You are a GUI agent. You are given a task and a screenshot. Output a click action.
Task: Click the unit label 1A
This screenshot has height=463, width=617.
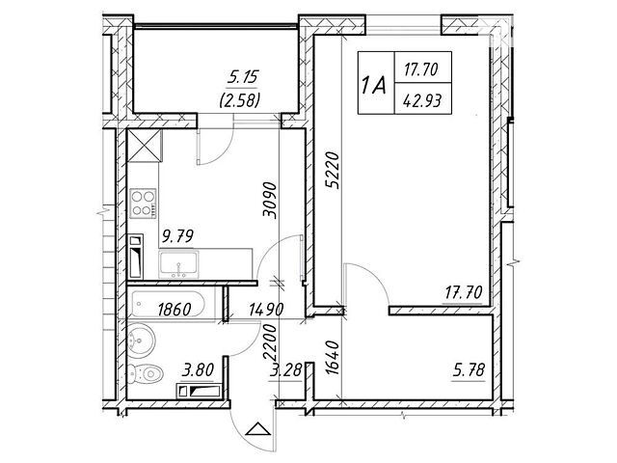coord(373,86)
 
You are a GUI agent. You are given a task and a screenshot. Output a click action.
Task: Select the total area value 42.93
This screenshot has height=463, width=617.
coord(422,100)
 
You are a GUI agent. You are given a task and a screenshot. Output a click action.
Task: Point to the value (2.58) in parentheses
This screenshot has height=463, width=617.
coord(239,100)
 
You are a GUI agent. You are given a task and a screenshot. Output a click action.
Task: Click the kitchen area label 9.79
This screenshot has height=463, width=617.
coord(177,236)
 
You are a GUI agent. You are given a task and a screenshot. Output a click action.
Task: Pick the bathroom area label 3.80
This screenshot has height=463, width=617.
coord(198,370)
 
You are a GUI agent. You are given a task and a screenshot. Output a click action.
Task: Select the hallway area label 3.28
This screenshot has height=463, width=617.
coord(285,370)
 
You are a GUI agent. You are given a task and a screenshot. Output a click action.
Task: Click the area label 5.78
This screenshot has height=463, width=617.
coord(469,370)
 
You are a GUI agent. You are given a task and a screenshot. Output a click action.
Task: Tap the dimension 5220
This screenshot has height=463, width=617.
coord(333,171)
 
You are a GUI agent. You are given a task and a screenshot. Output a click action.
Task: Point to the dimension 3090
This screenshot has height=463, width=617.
coord(271,200)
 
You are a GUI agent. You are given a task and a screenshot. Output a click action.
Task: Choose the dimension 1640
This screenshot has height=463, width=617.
coord(333,358)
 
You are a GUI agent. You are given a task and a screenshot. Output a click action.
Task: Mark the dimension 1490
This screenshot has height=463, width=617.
coord(266,310)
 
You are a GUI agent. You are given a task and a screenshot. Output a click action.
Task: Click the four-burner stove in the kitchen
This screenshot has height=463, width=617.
coord(143,204)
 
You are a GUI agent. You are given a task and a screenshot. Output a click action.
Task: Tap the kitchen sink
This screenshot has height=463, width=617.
coord(178,264)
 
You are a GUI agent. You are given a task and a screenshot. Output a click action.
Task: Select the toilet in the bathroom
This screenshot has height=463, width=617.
coord(145,373)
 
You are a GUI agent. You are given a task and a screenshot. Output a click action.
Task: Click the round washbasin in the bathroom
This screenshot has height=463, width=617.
coord(141,340)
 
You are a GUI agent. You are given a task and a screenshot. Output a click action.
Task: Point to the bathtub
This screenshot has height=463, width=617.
coord(168,304)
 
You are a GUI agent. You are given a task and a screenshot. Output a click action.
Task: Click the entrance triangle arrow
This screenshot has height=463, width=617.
coord(257,428)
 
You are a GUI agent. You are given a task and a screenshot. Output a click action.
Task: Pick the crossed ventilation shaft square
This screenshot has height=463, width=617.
coord(145,145)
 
